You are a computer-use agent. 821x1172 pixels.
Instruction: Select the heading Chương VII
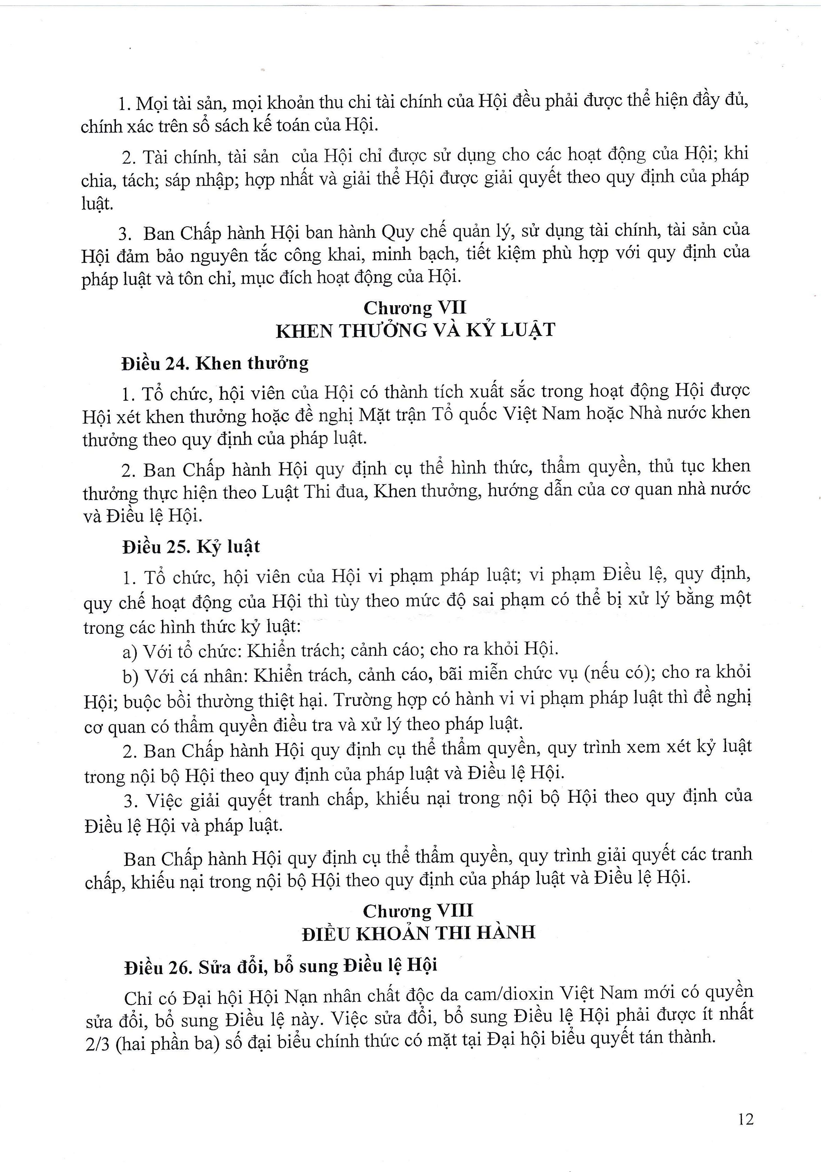[415, 308]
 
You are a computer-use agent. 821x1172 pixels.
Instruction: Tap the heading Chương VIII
[418, 911]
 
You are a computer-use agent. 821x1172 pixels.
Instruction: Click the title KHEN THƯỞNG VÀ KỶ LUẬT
[415, 331]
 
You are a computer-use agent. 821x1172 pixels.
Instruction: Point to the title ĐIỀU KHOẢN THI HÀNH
[418, 934]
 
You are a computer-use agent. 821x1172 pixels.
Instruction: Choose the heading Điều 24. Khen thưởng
[215, 363]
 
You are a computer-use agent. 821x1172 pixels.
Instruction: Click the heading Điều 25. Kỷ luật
[191, 547]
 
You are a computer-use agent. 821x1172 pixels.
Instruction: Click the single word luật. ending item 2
[97, 204]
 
